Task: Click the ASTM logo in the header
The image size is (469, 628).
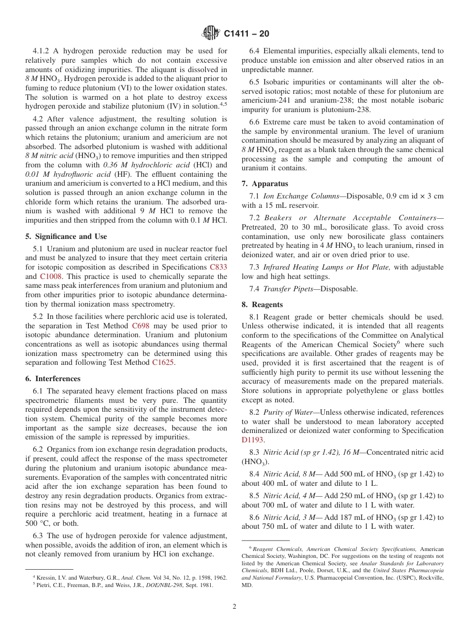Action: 211,34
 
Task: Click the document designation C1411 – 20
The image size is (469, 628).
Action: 246,34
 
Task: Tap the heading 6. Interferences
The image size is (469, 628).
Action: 53,379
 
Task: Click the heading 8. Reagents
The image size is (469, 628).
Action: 262,305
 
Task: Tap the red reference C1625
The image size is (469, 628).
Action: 163,363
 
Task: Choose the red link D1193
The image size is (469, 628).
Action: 253,440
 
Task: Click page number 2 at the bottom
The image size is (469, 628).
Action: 234,607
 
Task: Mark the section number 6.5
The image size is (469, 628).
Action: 255,82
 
